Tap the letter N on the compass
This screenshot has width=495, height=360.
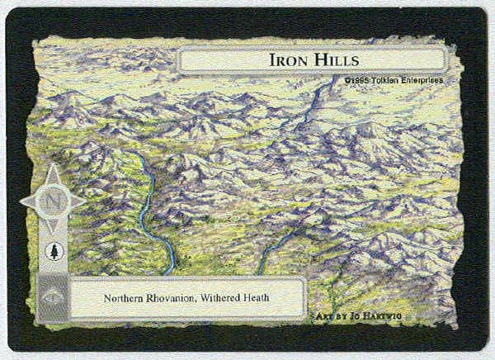(x=52, y=200)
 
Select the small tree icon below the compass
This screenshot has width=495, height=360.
(x=52, y=251)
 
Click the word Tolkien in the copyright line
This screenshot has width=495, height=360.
(x=384, y=80)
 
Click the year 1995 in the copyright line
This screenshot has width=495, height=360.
(x=357, y=80)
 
